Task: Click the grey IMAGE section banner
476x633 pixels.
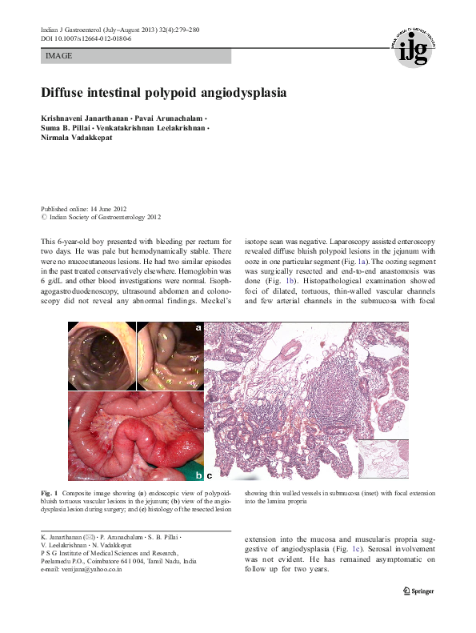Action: [135, 56]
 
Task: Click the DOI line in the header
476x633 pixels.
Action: [86, 38]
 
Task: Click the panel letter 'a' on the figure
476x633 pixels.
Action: [198, 328]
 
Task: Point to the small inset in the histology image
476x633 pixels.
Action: [384, 460]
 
